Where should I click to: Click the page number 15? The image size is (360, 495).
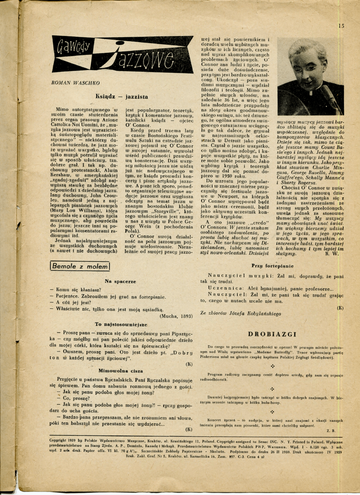[341, 26]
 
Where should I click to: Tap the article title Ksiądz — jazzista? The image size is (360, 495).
[122, 96]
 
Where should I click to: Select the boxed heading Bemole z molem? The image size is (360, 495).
[80, 267]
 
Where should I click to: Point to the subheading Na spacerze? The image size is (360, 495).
[120, 281]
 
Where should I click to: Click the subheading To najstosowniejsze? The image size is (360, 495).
[121, 324]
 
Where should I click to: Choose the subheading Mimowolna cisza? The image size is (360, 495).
[120, 370]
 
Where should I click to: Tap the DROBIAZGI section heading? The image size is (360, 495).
[272, 334]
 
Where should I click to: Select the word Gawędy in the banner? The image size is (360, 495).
[73, 48]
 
